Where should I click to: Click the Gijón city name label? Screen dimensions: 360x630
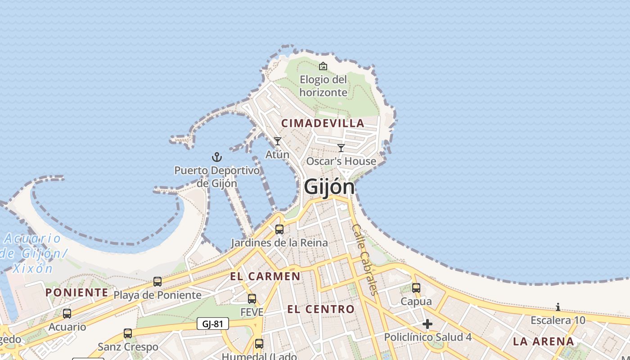click(x=329, y=187)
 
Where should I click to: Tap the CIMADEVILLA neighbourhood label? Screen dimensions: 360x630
click(x=323, y=123)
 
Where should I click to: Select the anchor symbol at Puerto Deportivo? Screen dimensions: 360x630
click(x=217, y=157)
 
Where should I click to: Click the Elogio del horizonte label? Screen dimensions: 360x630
click(x=324, y=86)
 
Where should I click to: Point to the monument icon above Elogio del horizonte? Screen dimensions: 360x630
click(x=323, y=67)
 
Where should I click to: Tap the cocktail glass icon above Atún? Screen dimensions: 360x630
click(x=278, y=141)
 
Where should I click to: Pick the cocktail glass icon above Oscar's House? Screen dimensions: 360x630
click(x=341, y=148)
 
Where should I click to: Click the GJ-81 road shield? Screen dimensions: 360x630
click(x=212, y=324)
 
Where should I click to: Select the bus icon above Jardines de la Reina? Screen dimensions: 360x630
click(x=279, y=229)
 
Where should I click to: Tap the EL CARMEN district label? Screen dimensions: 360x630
click(x=265, y=276)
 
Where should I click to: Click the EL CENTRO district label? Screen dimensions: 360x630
click(x=321, y=309)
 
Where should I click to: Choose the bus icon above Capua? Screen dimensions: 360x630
click(x=416, y=288)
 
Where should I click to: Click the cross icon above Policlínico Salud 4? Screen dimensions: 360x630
click(x=427, y=324)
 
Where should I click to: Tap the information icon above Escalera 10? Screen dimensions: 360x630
click(x=558, y=307)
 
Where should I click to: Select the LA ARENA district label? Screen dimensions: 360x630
click(x=543, y=341)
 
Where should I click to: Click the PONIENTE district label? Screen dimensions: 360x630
click(x=77, y=292)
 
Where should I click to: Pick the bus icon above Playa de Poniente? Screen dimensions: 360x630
click(x=157, y=282)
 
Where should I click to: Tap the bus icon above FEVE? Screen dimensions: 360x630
click(x=252, y=298)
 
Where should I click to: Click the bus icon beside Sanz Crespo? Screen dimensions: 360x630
click(x=128, y=333)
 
